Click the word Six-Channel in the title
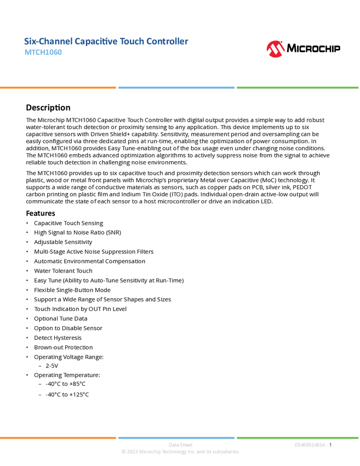(x=47, y=42)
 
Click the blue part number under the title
(x=43, y=53)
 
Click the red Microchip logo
(x=276, y=50)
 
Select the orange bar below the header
(x=58, y=87)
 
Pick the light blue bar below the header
(x=176, y=87)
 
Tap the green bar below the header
(x=298, y=87)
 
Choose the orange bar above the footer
(x=58, y=437)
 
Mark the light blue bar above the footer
(x=176, y=437)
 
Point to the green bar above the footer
(x=298, y=437)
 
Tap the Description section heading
(x=49, y=110)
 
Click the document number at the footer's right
(x=311, y=445)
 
